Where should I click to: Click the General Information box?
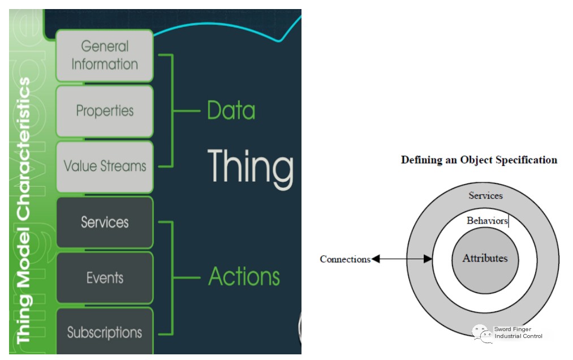pos(105,55)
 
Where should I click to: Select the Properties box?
pos(105,111)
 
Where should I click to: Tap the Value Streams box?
pos(105,166)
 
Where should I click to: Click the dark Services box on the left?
pos(105,222)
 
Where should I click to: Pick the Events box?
pos(105,278)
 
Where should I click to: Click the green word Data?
pos(231,110)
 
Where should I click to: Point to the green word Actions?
pos(244,276)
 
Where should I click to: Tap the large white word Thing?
pos(251,168)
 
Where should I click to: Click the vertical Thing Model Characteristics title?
pos(24,211)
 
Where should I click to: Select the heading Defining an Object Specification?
pos(479,160)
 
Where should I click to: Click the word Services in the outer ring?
pos(486,196)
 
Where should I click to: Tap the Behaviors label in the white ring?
pos(487,221)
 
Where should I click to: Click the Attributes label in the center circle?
pos(485,258)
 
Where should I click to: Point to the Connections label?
pos(345,259)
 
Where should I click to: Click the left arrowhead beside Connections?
pos(376,259)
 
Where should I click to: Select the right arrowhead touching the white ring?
pos(428,259)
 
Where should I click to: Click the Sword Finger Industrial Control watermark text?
pos(518,333)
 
